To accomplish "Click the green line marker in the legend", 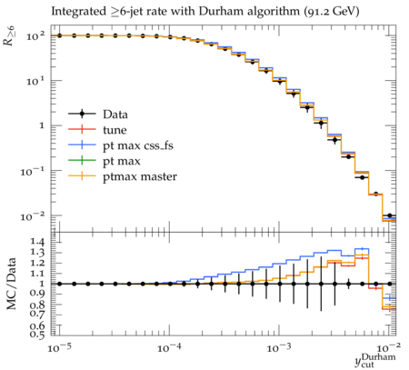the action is click(82, 160).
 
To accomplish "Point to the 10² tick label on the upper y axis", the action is click(35, 36).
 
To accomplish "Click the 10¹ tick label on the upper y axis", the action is click(35, 81).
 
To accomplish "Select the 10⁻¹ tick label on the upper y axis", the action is click(32, 172).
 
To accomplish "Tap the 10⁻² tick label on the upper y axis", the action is click(32, 216).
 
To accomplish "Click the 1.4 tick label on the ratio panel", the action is click(36, 242).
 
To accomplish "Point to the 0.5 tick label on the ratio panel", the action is click(36, 335).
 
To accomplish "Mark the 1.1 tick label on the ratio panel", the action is click(36, 274).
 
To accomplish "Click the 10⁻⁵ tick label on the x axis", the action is click(59, 348).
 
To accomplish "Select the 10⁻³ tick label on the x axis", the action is click(278, 348).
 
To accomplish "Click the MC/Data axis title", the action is click(11, 284).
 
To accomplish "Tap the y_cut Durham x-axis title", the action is click(375, 360).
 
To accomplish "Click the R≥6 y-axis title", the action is click(10, 35).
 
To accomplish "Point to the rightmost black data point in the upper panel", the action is click(390, 215).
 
